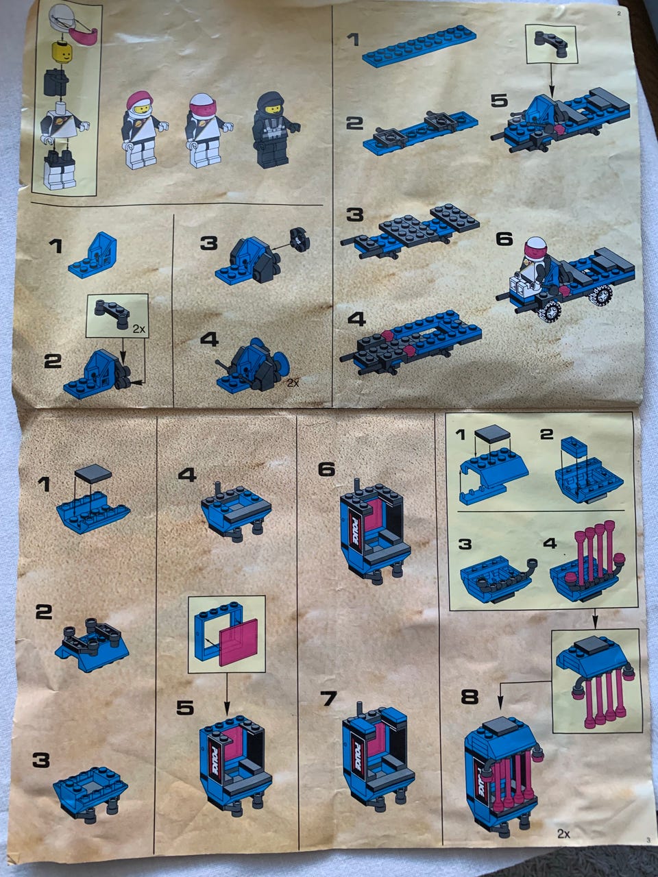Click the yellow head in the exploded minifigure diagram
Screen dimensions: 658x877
coord(61,50)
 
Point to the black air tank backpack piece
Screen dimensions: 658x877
coord(56,82)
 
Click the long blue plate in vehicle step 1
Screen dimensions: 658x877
coord(419,45)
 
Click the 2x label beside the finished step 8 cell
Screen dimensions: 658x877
coord(563,831)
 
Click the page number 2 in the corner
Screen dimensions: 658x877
coord(619,13)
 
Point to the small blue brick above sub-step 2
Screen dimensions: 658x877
coord(573,447)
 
